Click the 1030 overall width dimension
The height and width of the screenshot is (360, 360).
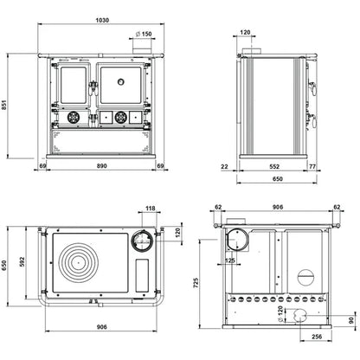click(102, 20)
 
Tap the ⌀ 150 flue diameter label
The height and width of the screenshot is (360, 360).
click(144, 34)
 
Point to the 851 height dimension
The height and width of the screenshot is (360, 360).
click(3, 105)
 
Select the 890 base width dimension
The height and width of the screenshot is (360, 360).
click(102, 166)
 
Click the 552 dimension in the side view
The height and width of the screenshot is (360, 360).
click(274, 166)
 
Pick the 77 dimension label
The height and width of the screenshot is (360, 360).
click(312, 166)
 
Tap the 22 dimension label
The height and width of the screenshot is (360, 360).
click(224, 166)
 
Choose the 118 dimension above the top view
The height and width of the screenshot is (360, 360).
click(151, 208)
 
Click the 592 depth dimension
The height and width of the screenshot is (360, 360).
click(22, 262)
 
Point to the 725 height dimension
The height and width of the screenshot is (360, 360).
click(196, 283)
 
